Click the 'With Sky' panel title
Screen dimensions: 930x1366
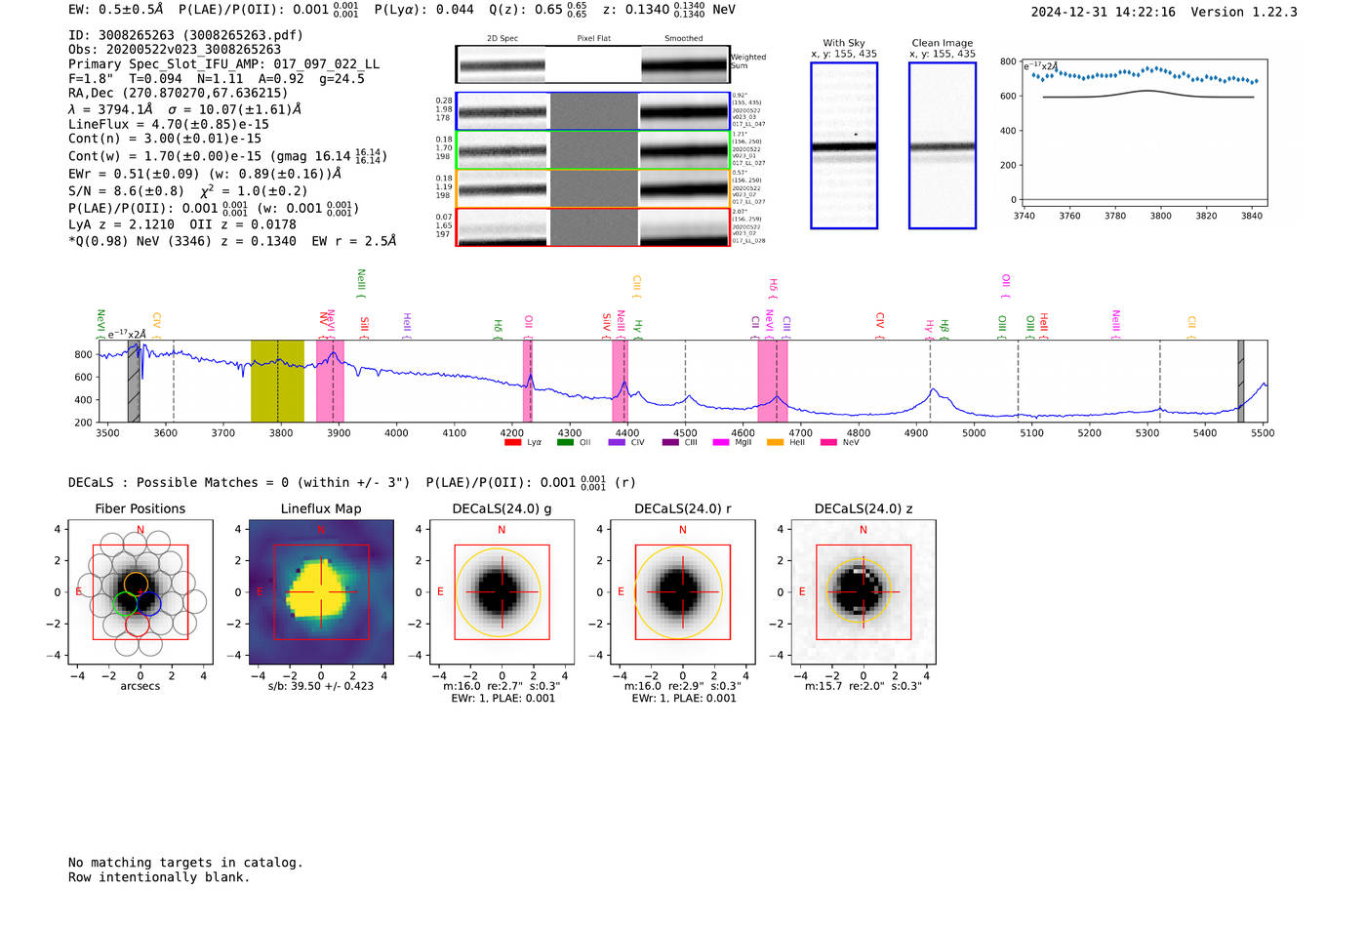tap(843, 43)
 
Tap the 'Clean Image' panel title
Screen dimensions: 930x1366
tap(942, 43)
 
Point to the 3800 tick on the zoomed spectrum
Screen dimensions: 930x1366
tap(1160, 216)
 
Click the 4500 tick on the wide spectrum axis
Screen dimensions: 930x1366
tap(685, 432)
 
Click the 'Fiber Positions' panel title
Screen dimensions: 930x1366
tap(140, 508)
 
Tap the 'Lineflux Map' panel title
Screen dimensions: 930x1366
tap(320, 508)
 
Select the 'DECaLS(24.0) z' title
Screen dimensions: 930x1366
tap(864, 508)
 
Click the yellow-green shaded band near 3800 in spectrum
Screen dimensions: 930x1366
tap(277, 381)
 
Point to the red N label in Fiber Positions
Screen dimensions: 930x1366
tap(141, 530)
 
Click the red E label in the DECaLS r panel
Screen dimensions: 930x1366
tap(621, 592)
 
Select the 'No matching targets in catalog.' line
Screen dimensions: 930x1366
tap(185, 863)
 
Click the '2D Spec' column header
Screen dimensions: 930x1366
tap(502, 39)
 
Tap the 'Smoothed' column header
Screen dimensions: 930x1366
tap(683, 39)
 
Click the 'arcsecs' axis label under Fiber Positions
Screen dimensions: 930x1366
tap(140, 686)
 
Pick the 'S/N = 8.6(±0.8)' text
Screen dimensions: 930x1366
tap(126, 191)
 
